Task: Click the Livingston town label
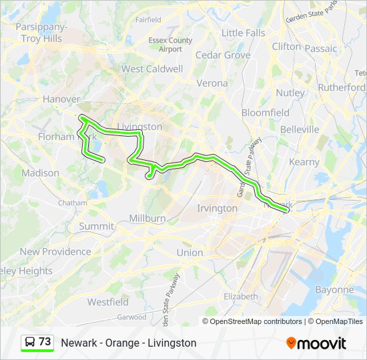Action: click(139, 126)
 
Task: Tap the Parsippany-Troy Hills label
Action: click(41, 33)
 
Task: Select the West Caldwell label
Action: click(151, 69)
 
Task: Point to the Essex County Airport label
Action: click(170, 45)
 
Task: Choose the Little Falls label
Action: click(243, 33)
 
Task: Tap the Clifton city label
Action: click(286, 47)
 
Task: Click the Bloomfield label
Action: click(265, 113)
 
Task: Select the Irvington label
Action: click(217, 208)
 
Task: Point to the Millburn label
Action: click(147, 218)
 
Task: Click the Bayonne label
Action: click(334, 290)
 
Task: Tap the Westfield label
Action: click(107, 302)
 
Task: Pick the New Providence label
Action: click(55, 251)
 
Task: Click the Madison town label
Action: click(40, 173)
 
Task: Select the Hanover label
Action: click(61, 99)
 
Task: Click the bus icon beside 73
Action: click(30, 342)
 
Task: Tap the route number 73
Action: click(45, 342)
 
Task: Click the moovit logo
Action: click(316, 343)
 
